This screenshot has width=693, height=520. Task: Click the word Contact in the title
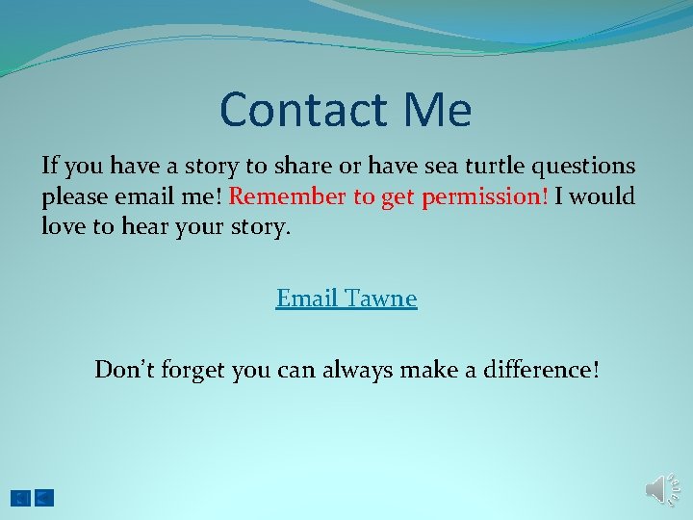pyautogui.click(x=299, y=110)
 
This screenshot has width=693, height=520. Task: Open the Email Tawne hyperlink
pyautogui.click(x=346, y=299)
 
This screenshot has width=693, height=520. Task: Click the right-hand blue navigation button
pyautogui.click(x=44, y=498)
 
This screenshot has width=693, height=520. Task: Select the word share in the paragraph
pyautogui.click(x=304, y=167)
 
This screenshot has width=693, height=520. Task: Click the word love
pyautogui.click(x=63, y=228)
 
